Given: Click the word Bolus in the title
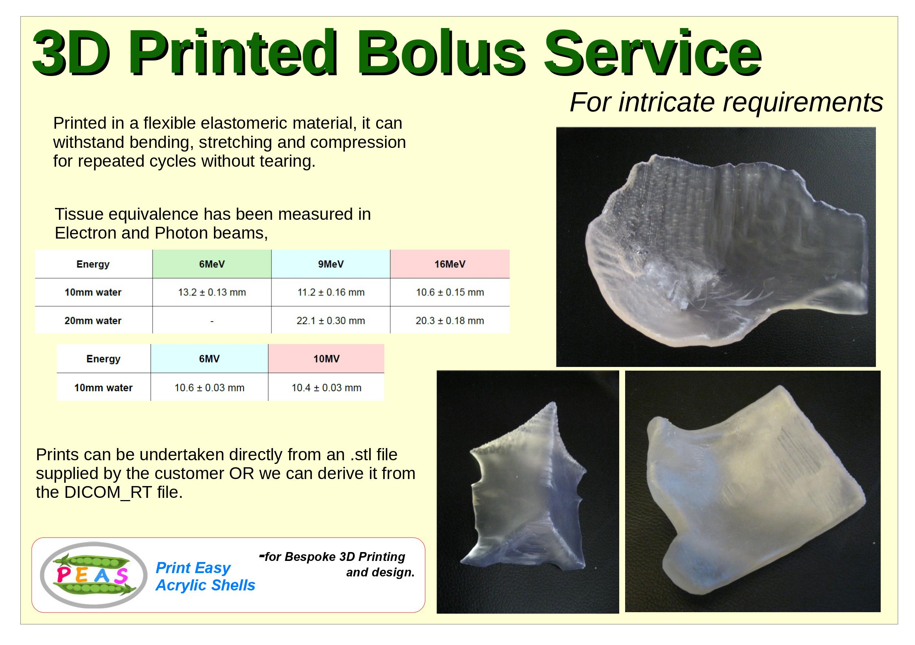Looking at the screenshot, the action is (x=440, y=53).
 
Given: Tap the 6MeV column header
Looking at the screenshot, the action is (x=212, y=264).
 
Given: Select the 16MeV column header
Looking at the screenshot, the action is (x=450, y=264).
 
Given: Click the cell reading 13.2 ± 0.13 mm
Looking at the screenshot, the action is (x=212, y=292).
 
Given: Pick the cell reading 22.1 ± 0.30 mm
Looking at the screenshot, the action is (x=331, y=321).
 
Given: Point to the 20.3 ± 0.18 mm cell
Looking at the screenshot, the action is (x=450, y=321).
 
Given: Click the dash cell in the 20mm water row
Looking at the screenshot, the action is (x=212, y=321).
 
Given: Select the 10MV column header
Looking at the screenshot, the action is (x=326, y=358).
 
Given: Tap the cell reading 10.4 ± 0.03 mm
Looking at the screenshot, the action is (x=326, y=388).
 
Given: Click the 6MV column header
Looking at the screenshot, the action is (x=209, y=358).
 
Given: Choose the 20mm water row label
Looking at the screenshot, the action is (x=93, y=321).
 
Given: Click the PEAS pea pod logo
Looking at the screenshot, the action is (x=94, y=575).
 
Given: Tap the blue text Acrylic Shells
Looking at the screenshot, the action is (x=205, y=585).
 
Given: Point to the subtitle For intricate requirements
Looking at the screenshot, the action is (x=727, y=103).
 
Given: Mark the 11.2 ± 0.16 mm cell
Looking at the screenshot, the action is (x=331, y=292).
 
